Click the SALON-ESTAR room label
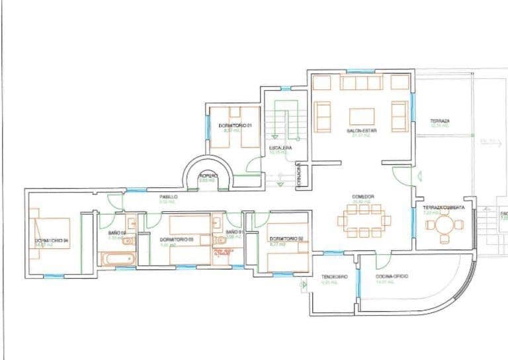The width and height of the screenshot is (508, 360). click(361, 131)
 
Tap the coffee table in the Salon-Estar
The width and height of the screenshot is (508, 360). click(362, 117)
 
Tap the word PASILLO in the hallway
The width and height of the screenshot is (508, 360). click(167, 197)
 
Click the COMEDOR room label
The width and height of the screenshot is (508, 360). click(363, 197)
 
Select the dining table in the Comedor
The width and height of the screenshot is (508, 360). click(362, 220)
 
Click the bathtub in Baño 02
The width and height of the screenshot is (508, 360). click(117, 259)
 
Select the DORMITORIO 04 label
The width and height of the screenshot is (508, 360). click(52, 240)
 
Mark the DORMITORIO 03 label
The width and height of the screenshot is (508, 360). click(176, 239)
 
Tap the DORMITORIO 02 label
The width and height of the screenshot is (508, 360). click(286, 238)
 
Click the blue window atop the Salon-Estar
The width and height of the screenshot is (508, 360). click(360, 71)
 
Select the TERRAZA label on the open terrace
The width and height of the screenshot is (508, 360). click(440, 121)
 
